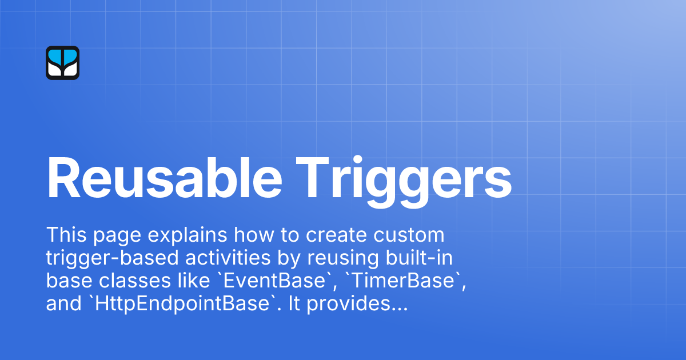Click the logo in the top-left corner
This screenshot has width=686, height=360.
point(62,63)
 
